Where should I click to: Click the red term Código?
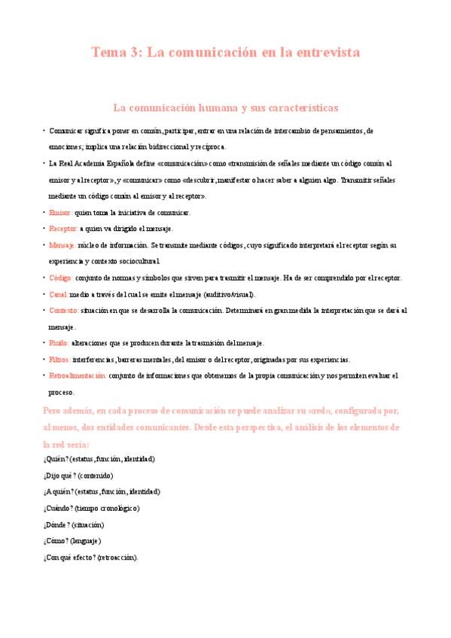pos(60,278)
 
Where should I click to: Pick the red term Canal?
pos(58,294)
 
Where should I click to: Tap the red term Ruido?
pos(58,343)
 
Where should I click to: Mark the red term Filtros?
pos(60,359)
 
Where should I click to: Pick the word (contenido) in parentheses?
pos(96,475)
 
